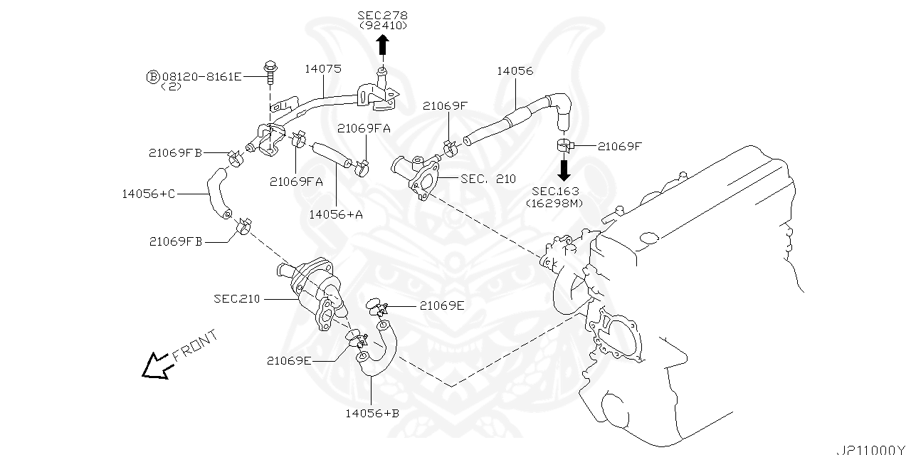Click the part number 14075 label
[323, 69]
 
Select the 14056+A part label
[336, 214]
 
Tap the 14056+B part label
[372, 412]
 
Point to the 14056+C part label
[148, 193]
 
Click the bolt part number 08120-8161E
[202, 76]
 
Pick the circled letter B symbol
[153, 76]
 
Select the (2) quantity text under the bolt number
[172, 87]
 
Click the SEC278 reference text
[382, 14]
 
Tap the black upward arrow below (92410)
[382, 45]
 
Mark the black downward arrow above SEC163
[564, 171]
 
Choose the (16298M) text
[554, 203]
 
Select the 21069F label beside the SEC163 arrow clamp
[620, 146]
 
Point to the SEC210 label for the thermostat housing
[237, 298]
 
